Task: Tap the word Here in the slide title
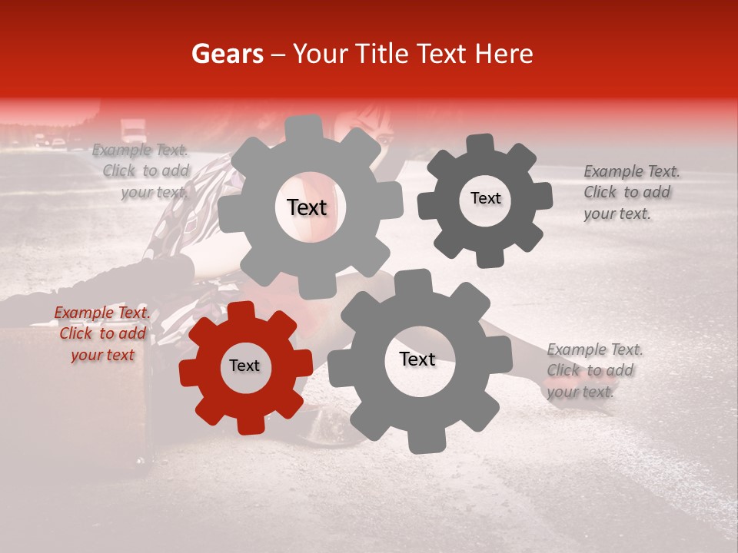[505, 54]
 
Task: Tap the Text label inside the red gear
[244, 366]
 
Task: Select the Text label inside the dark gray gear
[485, 198]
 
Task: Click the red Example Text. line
[101, 313]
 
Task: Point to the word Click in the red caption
[76, 334]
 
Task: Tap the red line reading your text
[102, 355]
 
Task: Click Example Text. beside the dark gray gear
[631, 172]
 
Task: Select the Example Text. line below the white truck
[140, 151]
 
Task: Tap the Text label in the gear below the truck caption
[307, 207]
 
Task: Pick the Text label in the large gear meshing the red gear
[417, 359]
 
